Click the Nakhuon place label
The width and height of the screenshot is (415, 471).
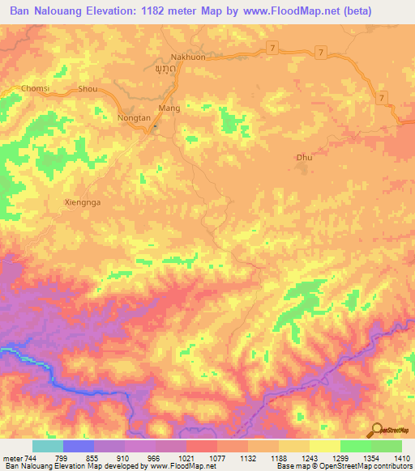coord(186,57)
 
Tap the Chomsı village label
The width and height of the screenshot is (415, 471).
coord(36,88)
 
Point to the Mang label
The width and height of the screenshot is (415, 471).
coord(169,108)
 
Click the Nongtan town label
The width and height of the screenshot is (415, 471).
coord(135,118)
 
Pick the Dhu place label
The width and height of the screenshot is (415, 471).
coord(304,157)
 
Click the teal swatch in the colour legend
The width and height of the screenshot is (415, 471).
coord(48,446)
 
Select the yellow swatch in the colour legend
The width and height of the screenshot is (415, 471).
coord(325,446)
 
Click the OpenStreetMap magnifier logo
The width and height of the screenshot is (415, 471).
coord(378,430)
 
